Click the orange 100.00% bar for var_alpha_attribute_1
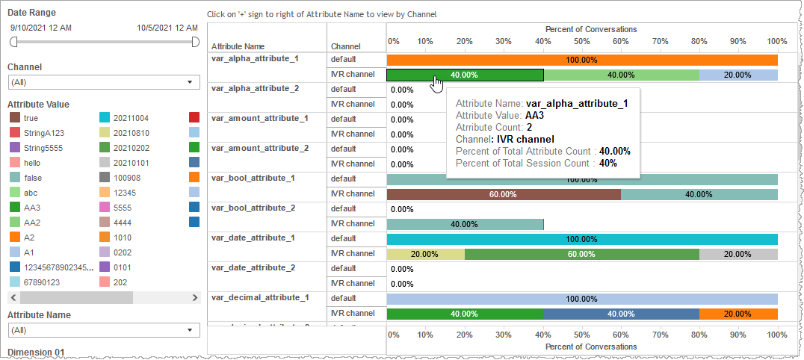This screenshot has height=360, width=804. [581, 60]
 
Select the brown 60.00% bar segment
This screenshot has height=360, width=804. [503, 194]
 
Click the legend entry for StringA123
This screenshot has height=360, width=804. [43, 133]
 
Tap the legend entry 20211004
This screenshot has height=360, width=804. [130, 118]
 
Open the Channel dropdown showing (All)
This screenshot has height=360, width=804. [103, 82]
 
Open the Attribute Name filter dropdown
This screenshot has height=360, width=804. [103, 329]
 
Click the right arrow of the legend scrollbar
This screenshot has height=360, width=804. [196, 297]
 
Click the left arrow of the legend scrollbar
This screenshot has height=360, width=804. [13, 297]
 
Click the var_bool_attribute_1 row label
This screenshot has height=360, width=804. [253, 178]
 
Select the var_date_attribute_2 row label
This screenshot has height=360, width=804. [253, 267]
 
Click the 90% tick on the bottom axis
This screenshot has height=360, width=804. [737, 335]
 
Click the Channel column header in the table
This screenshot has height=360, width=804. [345, 46]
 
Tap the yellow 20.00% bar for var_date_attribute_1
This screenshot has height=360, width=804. [424, 254]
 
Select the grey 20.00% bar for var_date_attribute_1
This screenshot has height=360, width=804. [737, 254]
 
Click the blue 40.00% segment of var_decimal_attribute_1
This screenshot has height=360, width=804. [621, 314]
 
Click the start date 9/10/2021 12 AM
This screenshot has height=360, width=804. [41, 28]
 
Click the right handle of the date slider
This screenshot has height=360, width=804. [195, 43]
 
